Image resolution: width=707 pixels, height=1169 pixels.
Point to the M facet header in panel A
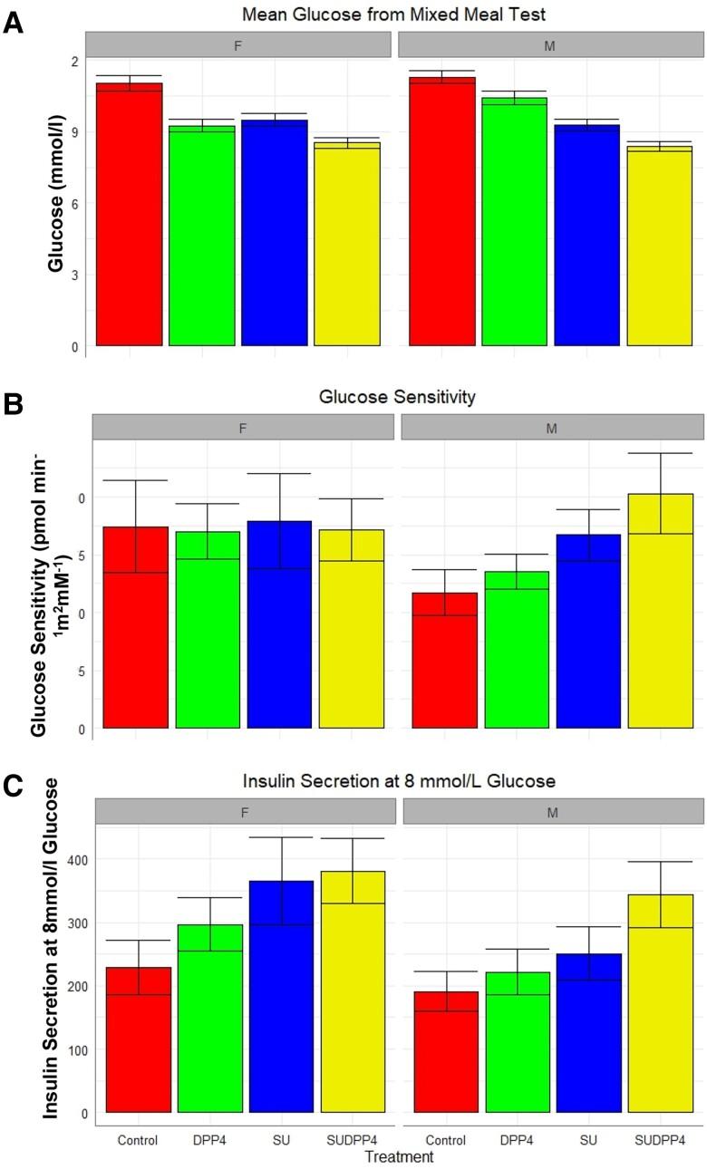(x=549, y=44)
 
